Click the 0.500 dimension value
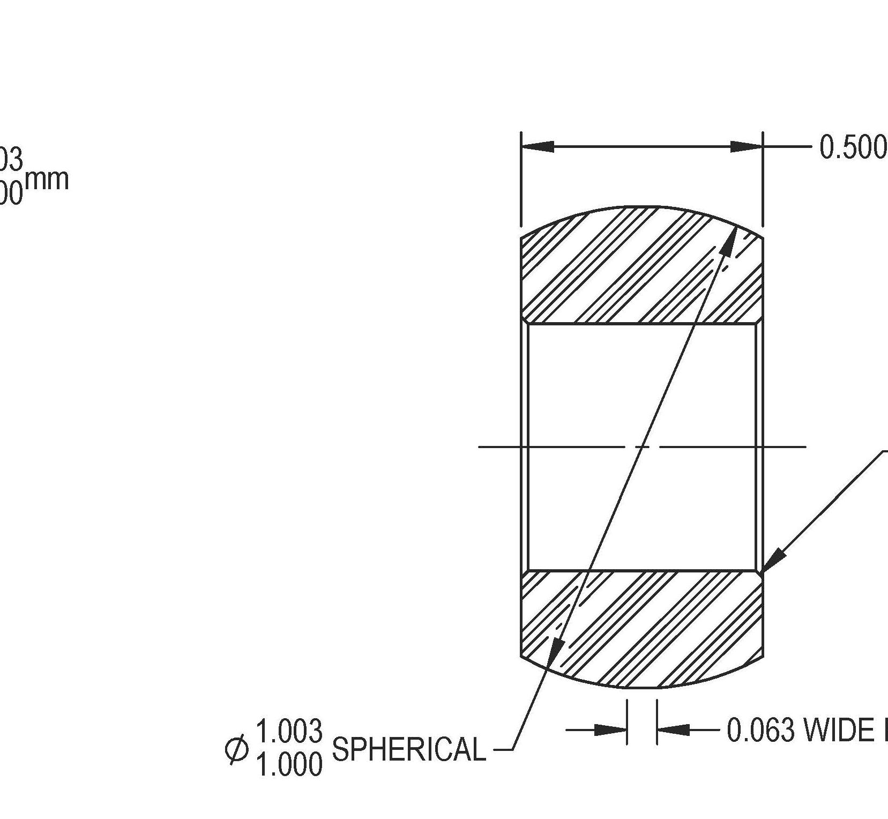click(x=853, y=147)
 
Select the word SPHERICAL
click(x=409, y=749)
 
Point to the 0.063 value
click(x=760, y=730)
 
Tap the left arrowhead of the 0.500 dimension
click(x=538, y=146)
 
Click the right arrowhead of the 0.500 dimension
click(x=746, y=146)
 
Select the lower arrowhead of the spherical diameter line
click(x=556, y=653)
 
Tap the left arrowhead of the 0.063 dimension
click(x=611, y=730)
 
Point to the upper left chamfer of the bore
click(x=526, y=320)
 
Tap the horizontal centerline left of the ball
click(x=498, y=446)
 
